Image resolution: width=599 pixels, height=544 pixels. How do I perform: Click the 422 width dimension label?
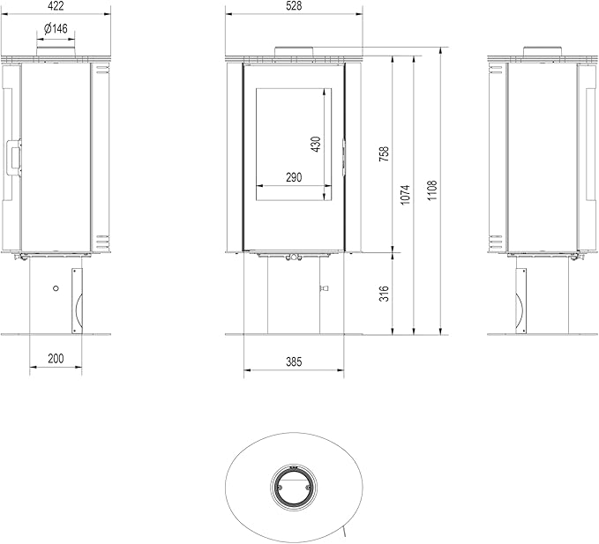pos(56,6)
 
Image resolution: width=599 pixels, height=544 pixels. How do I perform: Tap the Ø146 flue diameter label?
pos(56,28)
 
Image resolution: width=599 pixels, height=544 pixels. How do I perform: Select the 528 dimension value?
pos(294,5)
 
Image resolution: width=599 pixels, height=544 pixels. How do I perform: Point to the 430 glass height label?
pos(316,144)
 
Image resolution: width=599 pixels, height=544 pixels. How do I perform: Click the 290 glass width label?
pos(294,177)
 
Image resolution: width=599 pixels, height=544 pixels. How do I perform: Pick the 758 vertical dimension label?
pos(384,153)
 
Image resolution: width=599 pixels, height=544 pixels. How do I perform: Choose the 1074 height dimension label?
pos(405,195)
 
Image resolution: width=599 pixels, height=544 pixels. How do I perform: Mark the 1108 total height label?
pos(431,190)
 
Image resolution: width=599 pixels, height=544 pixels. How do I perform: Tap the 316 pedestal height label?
pos(384,294)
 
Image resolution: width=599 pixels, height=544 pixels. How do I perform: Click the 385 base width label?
pos(294,361)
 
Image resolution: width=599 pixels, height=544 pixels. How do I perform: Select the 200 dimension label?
pos(56,359)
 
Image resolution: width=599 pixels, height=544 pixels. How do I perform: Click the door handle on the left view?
pos(13,158)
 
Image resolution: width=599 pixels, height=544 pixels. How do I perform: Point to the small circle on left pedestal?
pos(56,288)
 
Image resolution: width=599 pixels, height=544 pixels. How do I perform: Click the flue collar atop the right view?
pos(543,51)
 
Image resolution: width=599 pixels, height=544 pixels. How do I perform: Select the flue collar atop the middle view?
pos(294,52)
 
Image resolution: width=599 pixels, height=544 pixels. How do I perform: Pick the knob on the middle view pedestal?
pos(325,288)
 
